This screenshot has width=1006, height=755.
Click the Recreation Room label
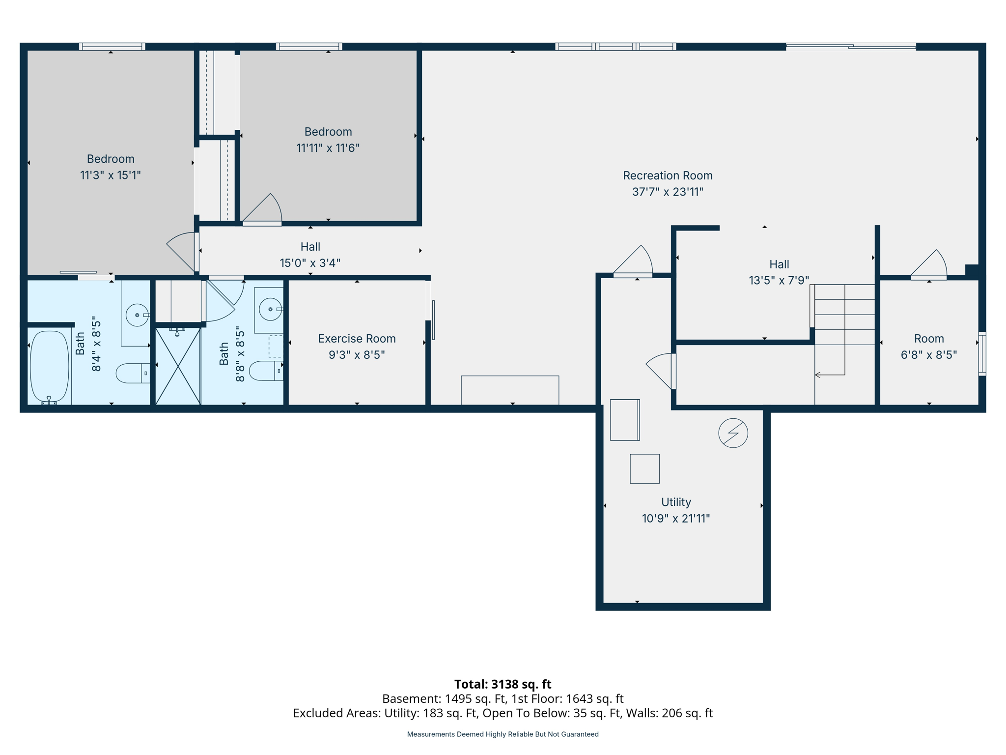(x=668, y=175)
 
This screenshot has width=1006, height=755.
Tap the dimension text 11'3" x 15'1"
(x=111, y=175)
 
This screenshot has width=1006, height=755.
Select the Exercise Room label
(x=357, y=339)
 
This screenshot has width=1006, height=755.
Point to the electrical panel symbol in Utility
(x=733, y=433)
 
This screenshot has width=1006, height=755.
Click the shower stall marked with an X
(x=178, y=366)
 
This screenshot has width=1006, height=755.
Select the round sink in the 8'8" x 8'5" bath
(x=270, y=309)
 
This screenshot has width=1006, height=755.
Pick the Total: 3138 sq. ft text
(x=503, y=684)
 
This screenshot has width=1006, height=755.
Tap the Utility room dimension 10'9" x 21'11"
(x=676, y=519)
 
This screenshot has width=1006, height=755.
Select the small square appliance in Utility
(x=644, y=469)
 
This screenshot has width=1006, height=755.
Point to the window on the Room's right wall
(x=981, y=354)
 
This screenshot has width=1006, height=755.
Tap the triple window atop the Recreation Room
(x=615, y=47)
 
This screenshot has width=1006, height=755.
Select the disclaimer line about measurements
(x=503, y=734)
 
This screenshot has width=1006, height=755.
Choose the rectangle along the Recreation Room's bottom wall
(x=510, y=390)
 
